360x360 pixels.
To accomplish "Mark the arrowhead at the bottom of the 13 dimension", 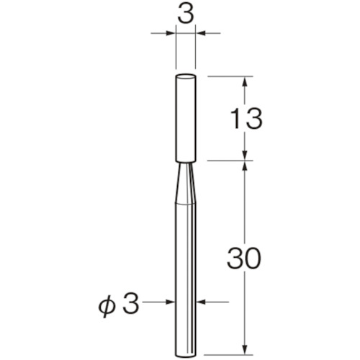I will [246, 155].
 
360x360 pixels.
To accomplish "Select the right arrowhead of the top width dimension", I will [201, 32].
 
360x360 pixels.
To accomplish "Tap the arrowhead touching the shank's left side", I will [171, 303].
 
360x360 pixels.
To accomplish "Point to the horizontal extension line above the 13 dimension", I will [230, 76].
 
